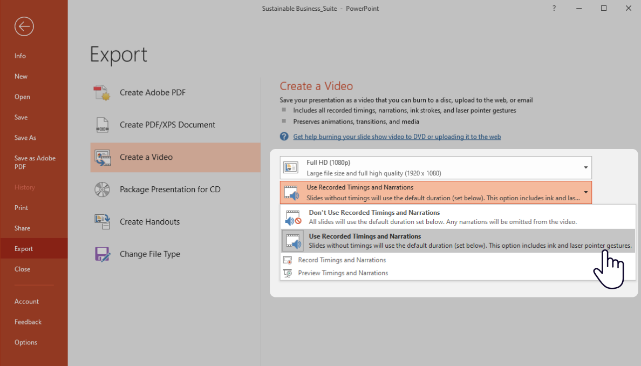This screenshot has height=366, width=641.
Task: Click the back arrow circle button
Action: [24, 26]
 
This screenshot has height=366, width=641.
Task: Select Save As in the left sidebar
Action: [25, 138]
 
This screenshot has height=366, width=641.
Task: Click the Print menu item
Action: [22, 208]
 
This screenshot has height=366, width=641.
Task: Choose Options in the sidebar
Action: [26, 342]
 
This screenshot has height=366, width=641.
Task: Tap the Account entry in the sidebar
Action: [27, 301]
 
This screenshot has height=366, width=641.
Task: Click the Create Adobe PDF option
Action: [152, 92]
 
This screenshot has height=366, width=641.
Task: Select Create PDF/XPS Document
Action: [167, 125]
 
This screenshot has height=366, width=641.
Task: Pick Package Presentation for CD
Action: [170, 189]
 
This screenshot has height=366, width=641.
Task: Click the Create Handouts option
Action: [149, 222]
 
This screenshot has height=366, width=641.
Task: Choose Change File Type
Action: [149, 254]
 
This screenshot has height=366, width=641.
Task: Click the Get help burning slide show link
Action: [397, 137]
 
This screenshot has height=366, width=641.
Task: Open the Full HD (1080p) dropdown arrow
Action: [585, 168]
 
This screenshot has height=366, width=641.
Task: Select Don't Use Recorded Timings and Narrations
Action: [374, 213]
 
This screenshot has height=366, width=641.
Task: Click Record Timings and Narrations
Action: [342, 260]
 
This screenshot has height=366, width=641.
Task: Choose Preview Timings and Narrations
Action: [343, 273]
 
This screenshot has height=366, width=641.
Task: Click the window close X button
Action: [629, 8]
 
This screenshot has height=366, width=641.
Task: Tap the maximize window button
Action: [604, 8]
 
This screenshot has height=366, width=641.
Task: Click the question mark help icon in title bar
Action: [554, 8]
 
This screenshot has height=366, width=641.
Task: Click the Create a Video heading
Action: [316, 86]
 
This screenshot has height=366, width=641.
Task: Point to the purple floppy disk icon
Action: [103, 254]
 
